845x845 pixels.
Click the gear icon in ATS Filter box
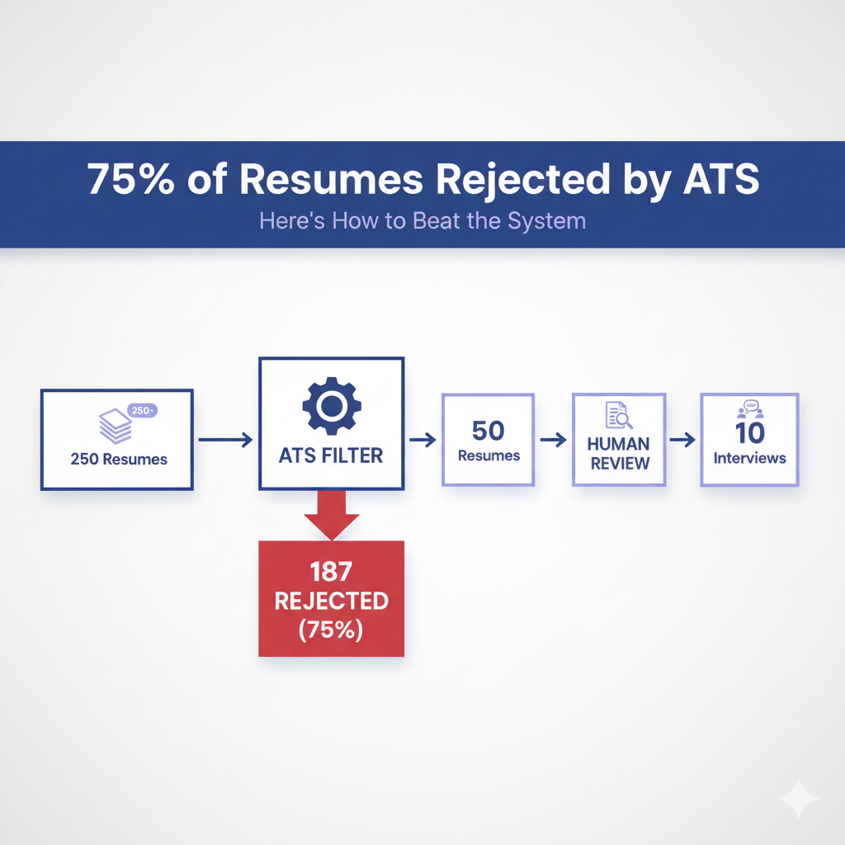pyautogui.click(x=331, y=404)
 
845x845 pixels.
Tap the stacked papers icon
pyautogui.click(x=115, y=427)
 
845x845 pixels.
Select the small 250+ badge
pyautogui.click(x=144, y=410)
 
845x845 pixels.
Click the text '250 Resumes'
pyautogui.click(x=118, y=460)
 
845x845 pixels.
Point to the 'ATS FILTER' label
pyautogui.click(x=331, y=455)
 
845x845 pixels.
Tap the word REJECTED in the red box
pyautogui.click(x=331, y=600)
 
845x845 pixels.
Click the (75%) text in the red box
pyautogui.click(x=331, y=630)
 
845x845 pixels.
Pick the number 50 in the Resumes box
pyautogui.click(x=489, y=430)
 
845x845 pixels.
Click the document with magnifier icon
pyautogui.click(x=618, y=414)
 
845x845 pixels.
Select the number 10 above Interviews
pyautogui.click(x=750, y=432)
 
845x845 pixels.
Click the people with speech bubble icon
pyautogui.click(x=750, y=408)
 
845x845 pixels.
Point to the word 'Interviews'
pyautogui.click(x=750, y=458)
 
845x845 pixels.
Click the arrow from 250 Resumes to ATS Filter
pyautogui.click(x=225, y=440)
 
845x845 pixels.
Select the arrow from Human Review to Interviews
pyautogui.click(x=682, y=440)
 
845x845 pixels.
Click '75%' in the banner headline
pyautogui.click(x=130, y=182)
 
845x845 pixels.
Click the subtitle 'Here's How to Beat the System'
pyautogui.click(x=422, y=220)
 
